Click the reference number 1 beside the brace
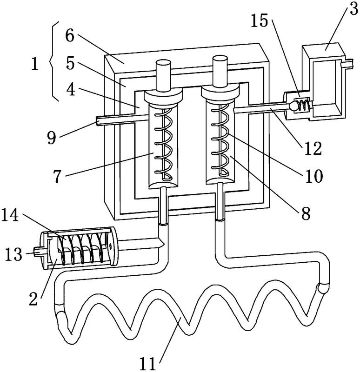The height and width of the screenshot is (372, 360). coord(34,64)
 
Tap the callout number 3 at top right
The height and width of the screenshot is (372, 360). coord(353,9)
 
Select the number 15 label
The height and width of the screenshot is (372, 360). coord(260,21)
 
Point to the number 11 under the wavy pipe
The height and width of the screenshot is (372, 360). coord(147,364)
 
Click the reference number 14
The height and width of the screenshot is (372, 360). coord(10,215)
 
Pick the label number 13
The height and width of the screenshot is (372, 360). coord(13,254)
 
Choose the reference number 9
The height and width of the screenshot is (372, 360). coord(52,138)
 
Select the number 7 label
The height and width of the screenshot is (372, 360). coord(57,177)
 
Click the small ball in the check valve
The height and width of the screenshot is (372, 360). coord(293,106)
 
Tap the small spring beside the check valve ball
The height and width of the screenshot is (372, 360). coord(304,105)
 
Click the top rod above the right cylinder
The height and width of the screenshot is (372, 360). coord(220,71)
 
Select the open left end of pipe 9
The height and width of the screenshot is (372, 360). coord(98,121)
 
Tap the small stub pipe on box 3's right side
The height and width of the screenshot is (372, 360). coord(347,64)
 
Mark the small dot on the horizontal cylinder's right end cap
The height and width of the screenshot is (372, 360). coord(110,247)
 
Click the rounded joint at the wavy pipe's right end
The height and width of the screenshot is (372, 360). coord(323,288)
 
